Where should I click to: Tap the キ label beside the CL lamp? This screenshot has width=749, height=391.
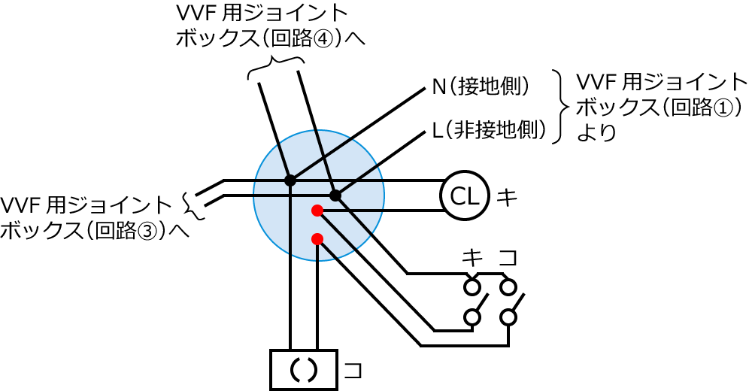[508, 197]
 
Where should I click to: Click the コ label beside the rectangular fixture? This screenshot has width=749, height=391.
[353, 370]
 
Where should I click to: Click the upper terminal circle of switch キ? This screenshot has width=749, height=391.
[472, 286]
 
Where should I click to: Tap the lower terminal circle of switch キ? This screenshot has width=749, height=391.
[472, 317]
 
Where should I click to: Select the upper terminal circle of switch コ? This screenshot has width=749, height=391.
[509, 286]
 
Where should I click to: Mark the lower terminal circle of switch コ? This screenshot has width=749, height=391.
[509, 317]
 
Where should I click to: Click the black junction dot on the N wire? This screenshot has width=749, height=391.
[290, 180]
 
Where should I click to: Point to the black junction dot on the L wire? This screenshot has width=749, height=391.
[335, 195]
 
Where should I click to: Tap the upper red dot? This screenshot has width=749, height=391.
[317, 211]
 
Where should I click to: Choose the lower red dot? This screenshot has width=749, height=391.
[317, 239]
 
